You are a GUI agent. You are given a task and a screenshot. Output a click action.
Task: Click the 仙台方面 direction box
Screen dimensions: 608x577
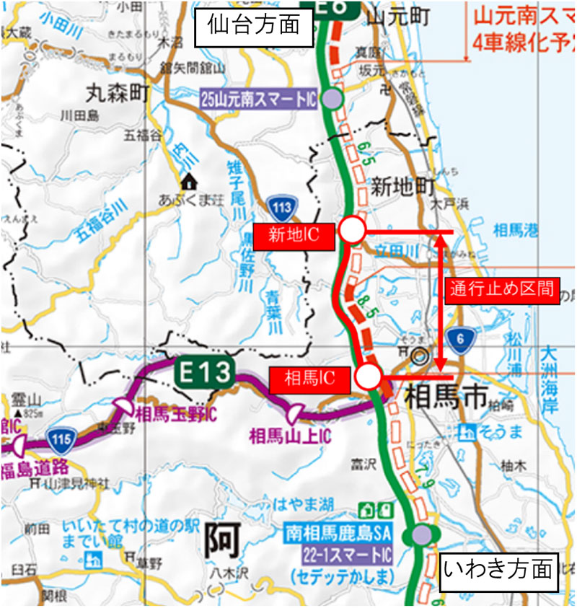[253, 25]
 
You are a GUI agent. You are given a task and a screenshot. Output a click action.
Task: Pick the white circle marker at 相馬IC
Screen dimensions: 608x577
[369, 376]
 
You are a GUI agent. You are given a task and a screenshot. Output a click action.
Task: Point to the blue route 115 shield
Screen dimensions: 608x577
[59, 436]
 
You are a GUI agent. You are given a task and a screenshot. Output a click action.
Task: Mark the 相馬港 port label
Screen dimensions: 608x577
[516, 231]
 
